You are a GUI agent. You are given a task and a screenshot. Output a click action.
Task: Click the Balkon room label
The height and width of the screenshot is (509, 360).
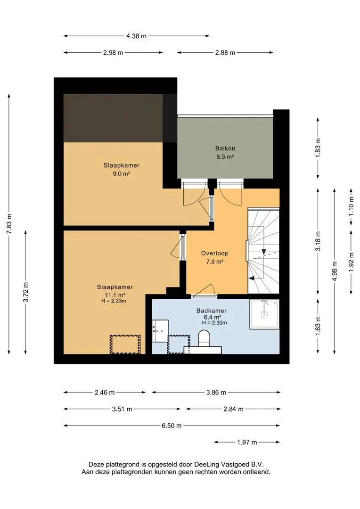click(x=225, y=148)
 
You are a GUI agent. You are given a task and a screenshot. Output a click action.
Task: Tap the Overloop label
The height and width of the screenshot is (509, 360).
click(x=214, y=253)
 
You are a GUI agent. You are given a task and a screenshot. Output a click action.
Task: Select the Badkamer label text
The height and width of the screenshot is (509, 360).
click(x=211, y=311)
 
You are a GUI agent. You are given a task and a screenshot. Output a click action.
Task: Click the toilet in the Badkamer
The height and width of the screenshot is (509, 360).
click(x=204, y=338)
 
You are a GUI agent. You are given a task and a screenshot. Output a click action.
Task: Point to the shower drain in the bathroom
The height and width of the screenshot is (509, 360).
click(x=264, y=314)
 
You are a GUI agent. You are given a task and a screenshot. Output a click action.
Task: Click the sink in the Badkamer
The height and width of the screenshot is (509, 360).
click(x=160, y=331)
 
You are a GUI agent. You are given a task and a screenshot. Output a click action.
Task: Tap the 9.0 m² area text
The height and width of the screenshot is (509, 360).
click(x=122, y=173)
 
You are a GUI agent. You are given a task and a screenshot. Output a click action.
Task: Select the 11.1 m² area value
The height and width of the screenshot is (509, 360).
click(x=115, y=295)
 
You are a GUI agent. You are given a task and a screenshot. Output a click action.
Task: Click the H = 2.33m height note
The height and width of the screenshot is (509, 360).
click(x=114, y=301)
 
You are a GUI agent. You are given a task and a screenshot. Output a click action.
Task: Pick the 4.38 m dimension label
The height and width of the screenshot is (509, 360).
click(x=136, y=36)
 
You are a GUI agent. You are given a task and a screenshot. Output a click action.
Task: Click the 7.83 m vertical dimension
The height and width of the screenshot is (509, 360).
click(x=9, y=224)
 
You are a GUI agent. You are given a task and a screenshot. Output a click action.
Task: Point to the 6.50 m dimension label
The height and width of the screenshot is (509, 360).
click(x=172, y=426)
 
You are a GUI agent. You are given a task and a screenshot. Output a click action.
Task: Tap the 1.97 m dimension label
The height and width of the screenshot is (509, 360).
click(x=247, y=442)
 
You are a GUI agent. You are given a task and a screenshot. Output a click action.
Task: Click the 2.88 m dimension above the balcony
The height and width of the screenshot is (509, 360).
click(x=225, y=53)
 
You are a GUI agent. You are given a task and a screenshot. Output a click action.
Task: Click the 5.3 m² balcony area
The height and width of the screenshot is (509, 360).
click(x=225, y=157)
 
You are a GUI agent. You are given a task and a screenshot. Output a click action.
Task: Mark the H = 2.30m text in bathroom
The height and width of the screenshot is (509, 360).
click(x=214, y=323)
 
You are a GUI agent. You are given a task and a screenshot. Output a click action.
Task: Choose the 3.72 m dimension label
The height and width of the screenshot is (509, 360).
click(x=25, y=292)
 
